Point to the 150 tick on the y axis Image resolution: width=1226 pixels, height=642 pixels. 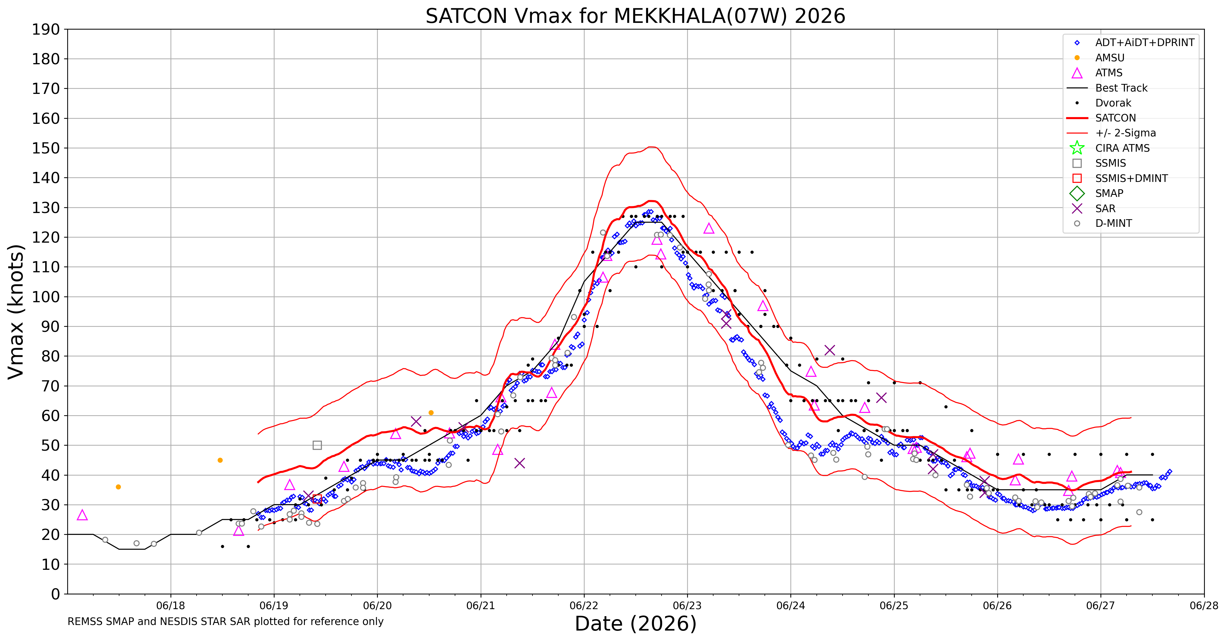[46, 148]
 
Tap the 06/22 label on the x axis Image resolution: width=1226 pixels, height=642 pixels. [584, 606]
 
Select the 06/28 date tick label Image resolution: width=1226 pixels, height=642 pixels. [1204, 606]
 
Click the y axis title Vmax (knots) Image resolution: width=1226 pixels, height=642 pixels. [16, 312]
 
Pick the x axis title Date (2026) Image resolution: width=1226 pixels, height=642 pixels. [635, 624]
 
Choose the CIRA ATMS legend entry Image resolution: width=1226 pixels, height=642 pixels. [1122, 148]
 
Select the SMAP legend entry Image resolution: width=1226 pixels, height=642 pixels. [1109, 193]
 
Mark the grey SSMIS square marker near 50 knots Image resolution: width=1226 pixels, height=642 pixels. [317, 445]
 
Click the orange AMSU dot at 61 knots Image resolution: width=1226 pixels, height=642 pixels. [431, 413]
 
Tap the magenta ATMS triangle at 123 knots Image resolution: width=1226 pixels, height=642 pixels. [709, 229]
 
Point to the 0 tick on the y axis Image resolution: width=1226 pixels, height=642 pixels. [56, 594]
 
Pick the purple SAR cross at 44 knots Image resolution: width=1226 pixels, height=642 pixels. [520, 463]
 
